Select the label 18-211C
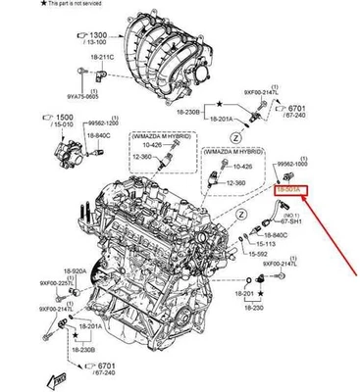[x=91, y=57]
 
